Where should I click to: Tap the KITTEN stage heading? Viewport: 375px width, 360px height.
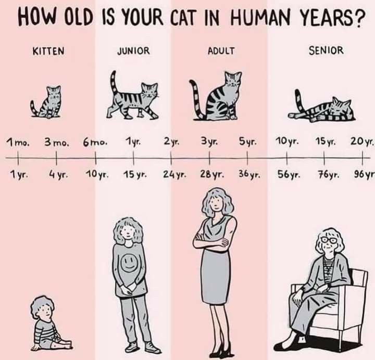coord(48,51)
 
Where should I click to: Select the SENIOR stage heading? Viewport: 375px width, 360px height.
coord(326,50)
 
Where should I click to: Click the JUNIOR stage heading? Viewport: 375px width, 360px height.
coord(133,51)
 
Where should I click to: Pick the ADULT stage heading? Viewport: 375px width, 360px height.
coord(221,51)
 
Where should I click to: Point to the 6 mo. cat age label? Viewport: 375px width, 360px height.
coord(95,143)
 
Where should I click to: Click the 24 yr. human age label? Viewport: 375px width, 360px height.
coord(174,175)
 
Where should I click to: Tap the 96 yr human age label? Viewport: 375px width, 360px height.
coord(364,175)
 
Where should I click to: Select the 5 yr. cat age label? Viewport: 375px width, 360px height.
coord(248,142)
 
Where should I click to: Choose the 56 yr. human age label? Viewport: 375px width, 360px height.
coord(289,175)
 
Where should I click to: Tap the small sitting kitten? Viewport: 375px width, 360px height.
coord(46,102)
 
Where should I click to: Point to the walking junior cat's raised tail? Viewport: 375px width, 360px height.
coord(114,84)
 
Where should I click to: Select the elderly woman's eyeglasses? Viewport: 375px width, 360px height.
coord(330,240)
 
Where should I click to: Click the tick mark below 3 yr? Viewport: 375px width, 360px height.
coord(209,158)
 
